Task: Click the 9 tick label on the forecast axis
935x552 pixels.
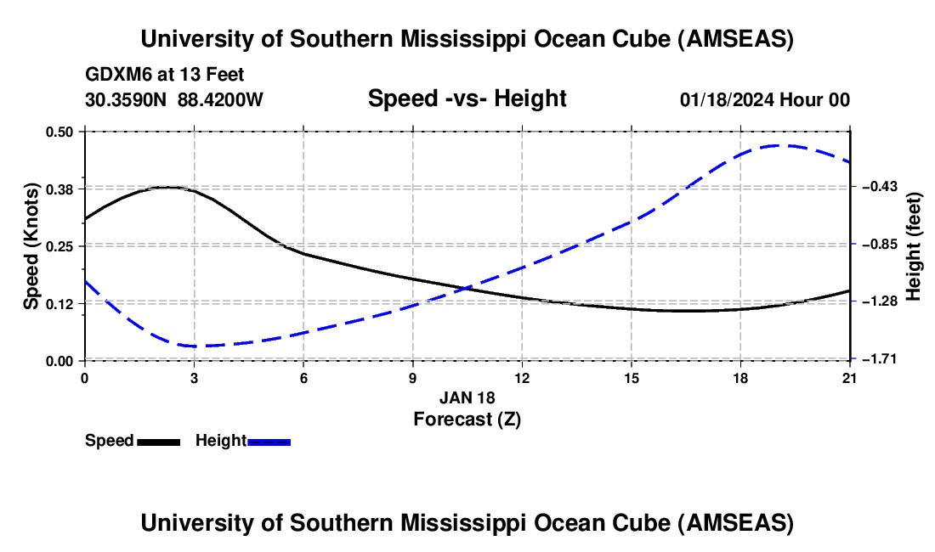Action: pyautogui.click(x=413, y=377)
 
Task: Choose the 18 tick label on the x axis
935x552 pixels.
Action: pyautogui.click(x=741, y=377)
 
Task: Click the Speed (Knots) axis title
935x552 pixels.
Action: pyautogui.click(x=31, y=246)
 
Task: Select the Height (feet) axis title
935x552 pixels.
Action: pyautogui.click(x=914, y=246)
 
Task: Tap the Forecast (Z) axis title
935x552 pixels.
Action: pyautogui.click(x=467, y=419)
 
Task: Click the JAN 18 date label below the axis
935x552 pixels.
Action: pyautogui.click(x=467, y=397)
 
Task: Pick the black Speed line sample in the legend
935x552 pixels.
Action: pyautogui.click(x=159, y=442)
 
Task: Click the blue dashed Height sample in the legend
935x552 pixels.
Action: pyautogui.click(x=269, y=442)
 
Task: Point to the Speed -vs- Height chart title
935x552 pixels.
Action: pyautogui.click(x=467, y=99)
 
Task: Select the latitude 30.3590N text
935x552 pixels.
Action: pyautogui.click(x=126, y=99)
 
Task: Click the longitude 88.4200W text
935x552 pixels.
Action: pyautogui.click(x=220, y=99)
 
